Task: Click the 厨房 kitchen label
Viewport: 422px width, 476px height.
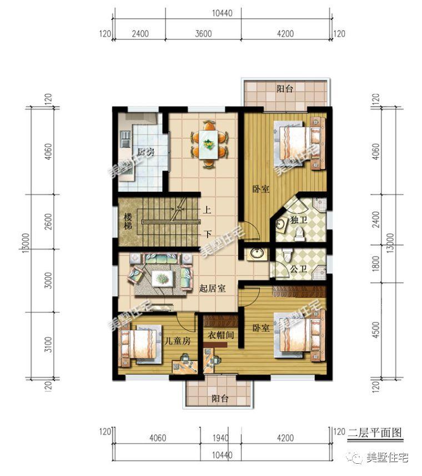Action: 145,152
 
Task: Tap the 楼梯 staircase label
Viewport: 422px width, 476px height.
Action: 128,222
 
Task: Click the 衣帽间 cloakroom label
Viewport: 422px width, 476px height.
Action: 220,335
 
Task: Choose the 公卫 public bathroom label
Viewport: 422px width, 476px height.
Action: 299,268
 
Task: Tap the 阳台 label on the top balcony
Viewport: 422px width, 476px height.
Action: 285,89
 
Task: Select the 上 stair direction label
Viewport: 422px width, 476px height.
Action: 207,211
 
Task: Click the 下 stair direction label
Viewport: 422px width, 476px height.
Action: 207,233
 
